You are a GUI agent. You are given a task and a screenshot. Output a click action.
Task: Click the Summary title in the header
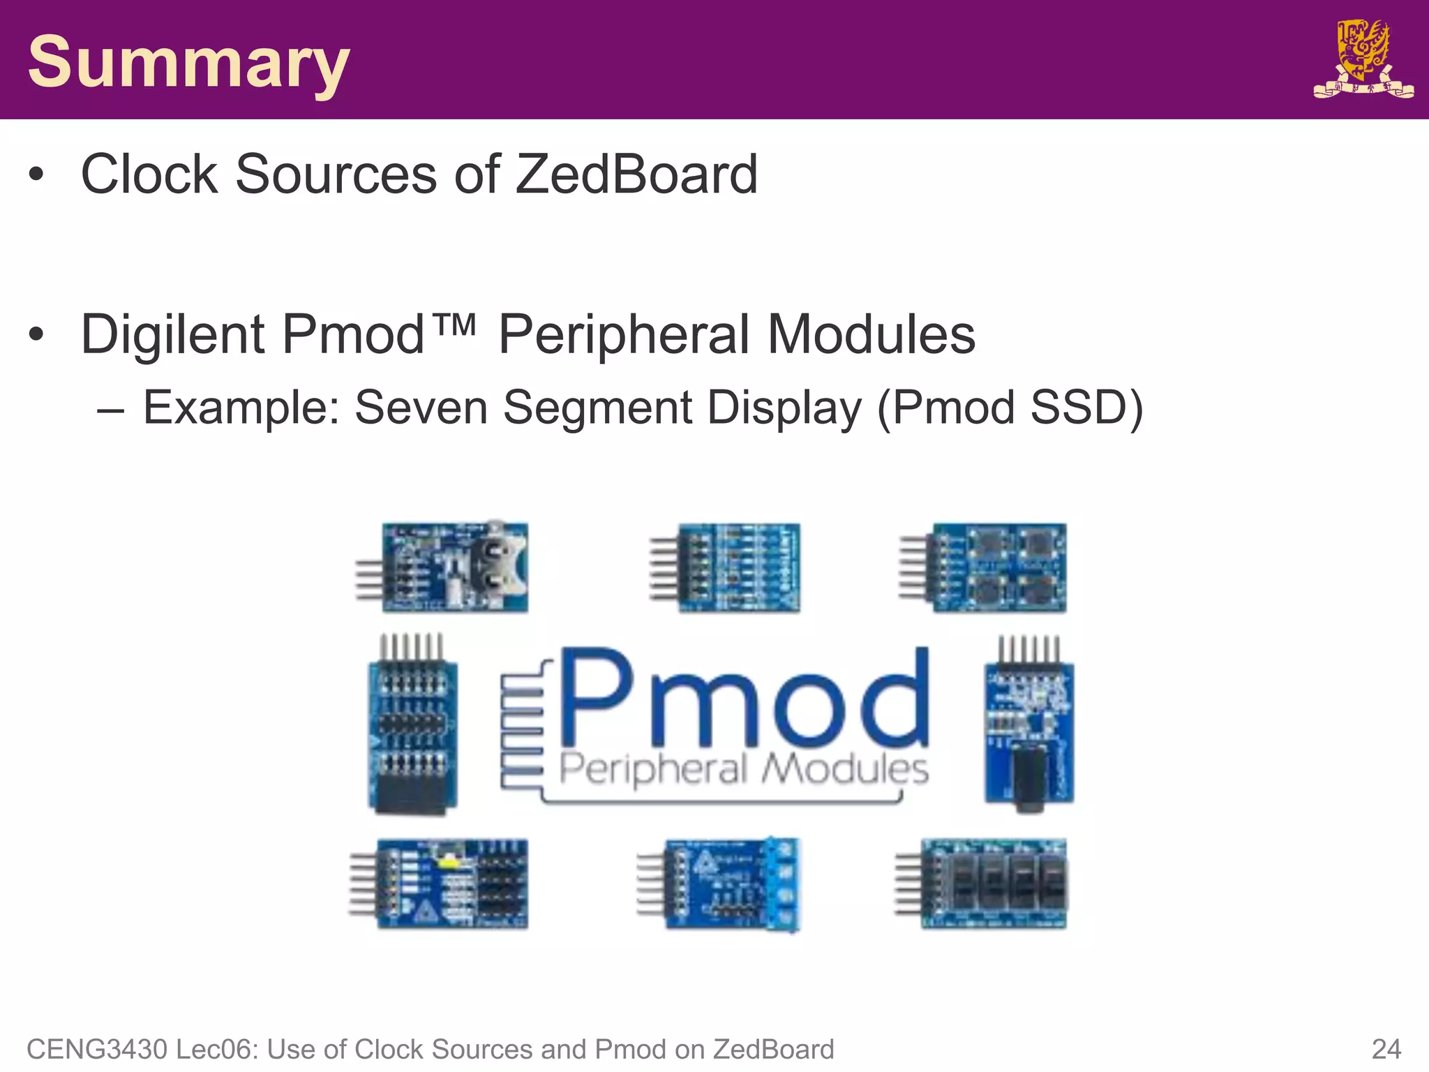click(x=188, y=63)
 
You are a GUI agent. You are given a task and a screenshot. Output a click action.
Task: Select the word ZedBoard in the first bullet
click(x=636, y=174)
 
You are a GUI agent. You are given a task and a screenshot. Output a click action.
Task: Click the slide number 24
click(x=1386, y=1049)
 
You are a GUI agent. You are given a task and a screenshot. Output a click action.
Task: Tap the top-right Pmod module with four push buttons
click(x=998, y=567)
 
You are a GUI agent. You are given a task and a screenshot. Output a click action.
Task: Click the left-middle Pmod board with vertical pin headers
click(x=412, y=733)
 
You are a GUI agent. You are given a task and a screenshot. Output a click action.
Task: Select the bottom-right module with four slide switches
click(x=994, y=884)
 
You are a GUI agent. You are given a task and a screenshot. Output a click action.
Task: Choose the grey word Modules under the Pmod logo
click(x=844, y=769)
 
